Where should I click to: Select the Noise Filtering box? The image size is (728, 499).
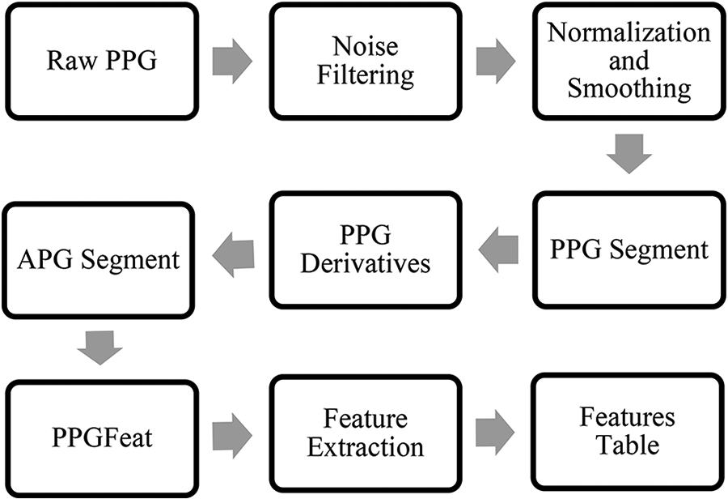365,61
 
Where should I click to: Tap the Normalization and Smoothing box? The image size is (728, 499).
629,61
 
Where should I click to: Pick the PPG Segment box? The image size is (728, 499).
629,249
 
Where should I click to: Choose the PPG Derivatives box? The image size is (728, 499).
365,249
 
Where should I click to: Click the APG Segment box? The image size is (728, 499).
99,258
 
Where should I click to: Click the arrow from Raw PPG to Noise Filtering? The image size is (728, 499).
233,62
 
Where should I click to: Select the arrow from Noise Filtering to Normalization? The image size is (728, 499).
496,62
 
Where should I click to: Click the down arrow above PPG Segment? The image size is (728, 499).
629,154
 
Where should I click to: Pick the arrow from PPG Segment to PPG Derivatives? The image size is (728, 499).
498,249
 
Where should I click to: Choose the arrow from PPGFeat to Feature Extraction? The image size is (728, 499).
233,433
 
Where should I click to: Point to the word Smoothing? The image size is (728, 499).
629,87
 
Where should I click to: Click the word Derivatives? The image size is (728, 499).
365,262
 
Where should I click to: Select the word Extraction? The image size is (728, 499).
365,446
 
